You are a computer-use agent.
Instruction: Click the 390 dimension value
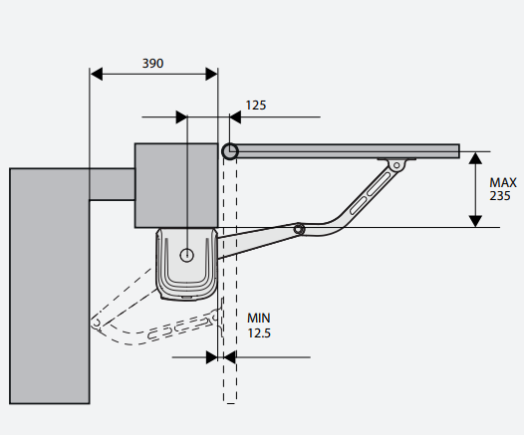pyautogui.click(x=152, y=64)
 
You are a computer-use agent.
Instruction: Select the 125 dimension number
pyautogui.click(x=256, y=106)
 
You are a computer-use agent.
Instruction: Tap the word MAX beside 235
pyautogui.click(x=503, y=182)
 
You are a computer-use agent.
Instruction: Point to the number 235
pyautogui.click(x=500, y=196)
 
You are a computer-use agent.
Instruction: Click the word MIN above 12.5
pyautogui.click(x=259, y=318)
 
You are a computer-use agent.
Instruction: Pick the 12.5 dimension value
pyautogui.click(x=259, y=332)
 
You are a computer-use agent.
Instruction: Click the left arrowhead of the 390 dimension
pyautogui.click(x=97, y=74)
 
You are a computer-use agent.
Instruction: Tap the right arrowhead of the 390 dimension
pyautogui.click(x=211, y=74)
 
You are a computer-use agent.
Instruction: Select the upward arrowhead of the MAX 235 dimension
pyautogui.click(x=475, y=158)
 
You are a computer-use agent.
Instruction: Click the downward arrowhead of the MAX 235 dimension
pyautogui.click(x=475, y=221)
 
